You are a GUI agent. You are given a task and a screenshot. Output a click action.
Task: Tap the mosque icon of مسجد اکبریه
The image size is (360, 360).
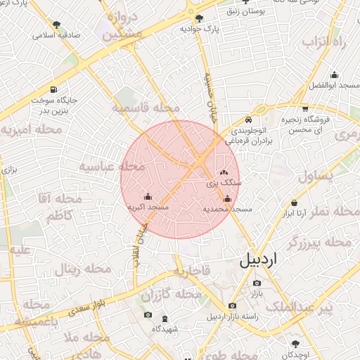click(148, 197)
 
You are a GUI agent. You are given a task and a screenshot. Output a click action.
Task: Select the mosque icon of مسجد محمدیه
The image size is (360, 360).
click(226, 199)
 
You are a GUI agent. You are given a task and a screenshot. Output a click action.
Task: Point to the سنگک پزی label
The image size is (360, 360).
click(224, 182)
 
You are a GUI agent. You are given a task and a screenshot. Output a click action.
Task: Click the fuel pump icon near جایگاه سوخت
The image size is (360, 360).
click(55, 90)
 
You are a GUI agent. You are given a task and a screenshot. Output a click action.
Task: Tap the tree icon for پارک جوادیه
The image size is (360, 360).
click(200, 19)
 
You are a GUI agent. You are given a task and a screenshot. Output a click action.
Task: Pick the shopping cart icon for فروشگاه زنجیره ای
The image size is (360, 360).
click(305, 109)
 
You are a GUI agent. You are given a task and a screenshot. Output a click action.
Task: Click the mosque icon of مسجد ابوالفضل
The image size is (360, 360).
click(334, 75)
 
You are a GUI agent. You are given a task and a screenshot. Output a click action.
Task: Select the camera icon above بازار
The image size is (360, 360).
click(255, 283)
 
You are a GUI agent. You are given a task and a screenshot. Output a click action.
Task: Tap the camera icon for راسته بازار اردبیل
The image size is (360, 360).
click(233, 305)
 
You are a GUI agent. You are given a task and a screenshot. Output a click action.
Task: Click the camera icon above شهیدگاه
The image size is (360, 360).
click(148, 314)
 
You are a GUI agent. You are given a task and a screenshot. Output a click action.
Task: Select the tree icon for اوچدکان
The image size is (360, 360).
click(295, 343)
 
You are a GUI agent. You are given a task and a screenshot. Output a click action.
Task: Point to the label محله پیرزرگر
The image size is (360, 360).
click(320, 243)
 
